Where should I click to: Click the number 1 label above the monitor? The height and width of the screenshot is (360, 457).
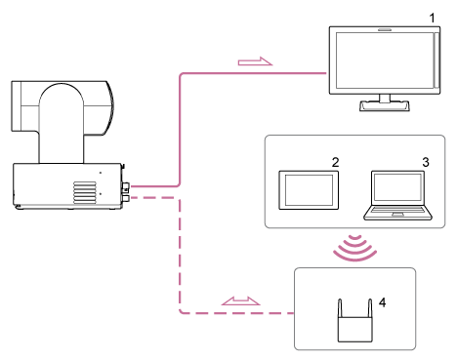coord(432,18)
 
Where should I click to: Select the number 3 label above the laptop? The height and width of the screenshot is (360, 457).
coord(425,160)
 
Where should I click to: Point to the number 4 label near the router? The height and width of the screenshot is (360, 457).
coord(383,302)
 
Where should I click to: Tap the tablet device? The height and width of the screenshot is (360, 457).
coord(309,190)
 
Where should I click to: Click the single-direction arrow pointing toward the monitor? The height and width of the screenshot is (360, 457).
coord(255,63)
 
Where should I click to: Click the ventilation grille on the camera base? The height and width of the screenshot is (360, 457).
coord(87,188)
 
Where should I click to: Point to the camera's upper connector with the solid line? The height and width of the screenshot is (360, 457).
coord(126,183)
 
